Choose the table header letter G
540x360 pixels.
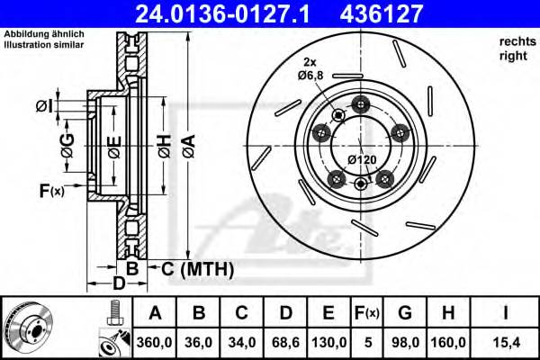tap(406, 314)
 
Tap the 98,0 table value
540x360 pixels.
tap(406, 342)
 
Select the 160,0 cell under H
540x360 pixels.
tap(449, 342)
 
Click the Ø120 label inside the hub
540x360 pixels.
tap(362, 159)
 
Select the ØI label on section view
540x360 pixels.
tap(42, 106)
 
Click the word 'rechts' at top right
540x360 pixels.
tap(515, 42)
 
